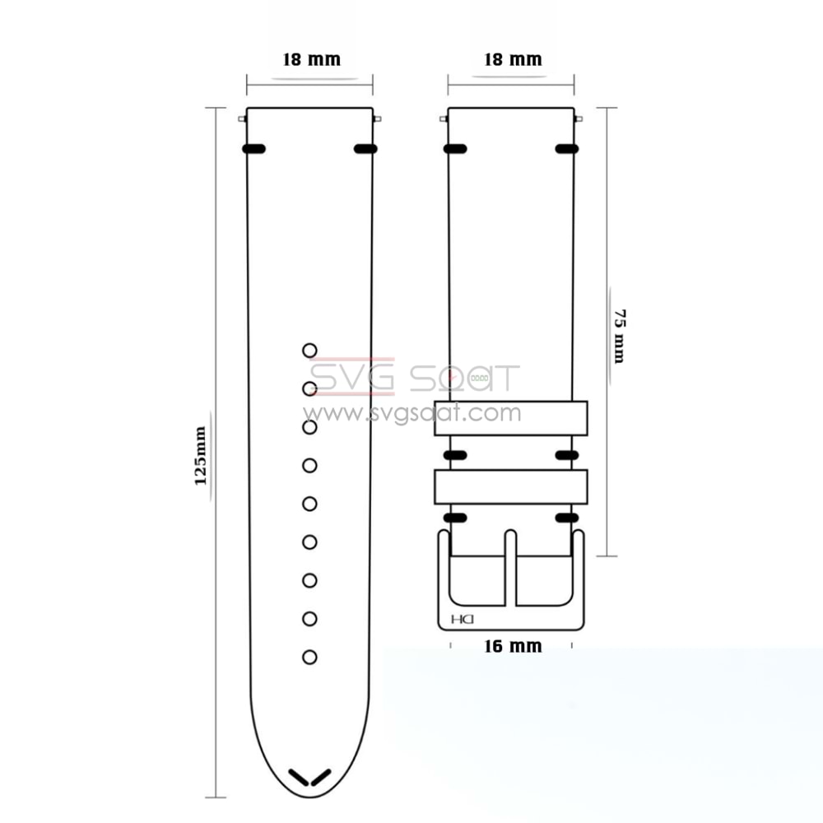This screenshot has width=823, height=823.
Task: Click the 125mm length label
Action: (200, 455)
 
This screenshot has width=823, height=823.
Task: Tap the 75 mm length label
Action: (619, 337)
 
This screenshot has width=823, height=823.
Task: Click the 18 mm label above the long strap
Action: (311, 59)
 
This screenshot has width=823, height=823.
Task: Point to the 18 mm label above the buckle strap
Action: (512, 59)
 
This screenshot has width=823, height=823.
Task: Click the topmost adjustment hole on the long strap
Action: (309, 351)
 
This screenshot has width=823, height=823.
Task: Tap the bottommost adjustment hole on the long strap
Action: (309, 657)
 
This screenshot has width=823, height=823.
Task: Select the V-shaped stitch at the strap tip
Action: (310, 777)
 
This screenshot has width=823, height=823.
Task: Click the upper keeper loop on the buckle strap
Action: (511, 417)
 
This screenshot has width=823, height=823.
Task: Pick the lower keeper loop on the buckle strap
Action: (511, 486)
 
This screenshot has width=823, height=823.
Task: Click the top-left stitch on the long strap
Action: (253, 149)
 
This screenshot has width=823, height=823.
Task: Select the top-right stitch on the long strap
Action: (365, 149)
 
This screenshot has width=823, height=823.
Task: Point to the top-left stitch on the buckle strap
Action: (455, 149)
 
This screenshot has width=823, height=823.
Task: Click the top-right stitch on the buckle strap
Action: (566, 149)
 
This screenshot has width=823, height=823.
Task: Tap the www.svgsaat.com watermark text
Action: (411, 413)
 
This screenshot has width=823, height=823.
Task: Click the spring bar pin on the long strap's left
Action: (242, 120)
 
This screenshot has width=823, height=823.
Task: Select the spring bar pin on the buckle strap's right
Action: (579, 120)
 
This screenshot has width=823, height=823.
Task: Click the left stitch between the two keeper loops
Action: (455, 454)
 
